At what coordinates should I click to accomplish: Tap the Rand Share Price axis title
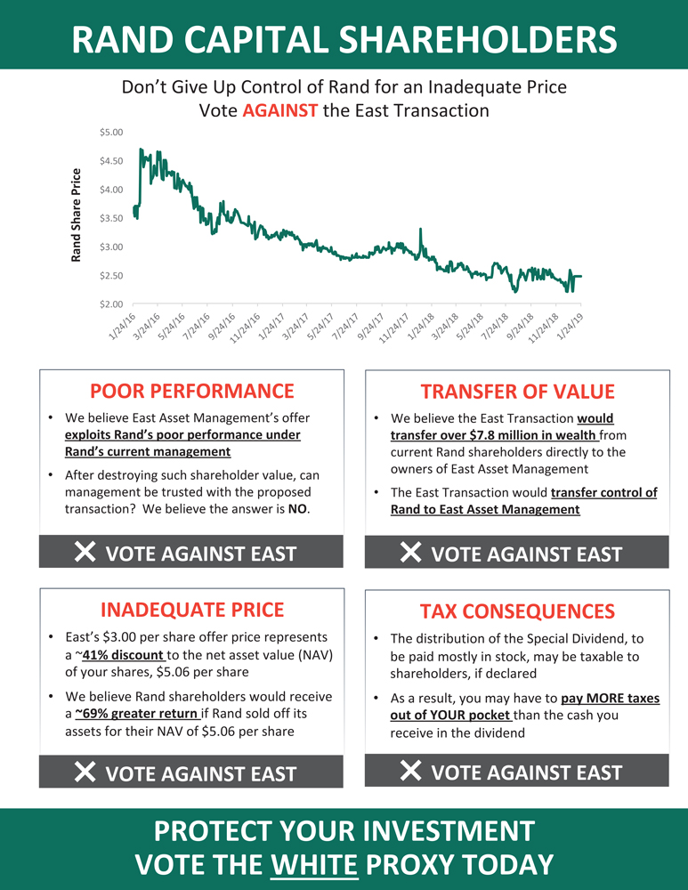76,215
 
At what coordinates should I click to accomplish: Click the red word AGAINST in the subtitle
279,111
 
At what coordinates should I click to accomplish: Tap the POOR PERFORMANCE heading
192,391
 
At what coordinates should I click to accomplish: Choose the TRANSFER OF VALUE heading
517,392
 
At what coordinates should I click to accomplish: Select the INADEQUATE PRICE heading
192,610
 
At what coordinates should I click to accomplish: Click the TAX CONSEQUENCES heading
517,611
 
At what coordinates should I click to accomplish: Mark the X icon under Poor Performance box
85,553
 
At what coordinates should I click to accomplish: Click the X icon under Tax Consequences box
411,771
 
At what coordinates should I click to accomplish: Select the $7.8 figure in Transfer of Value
482,435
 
